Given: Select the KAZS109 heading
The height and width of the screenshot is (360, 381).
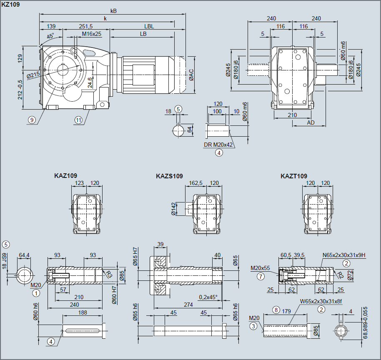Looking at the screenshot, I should (169, 176).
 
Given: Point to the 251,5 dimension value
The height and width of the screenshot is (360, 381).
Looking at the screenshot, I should (86, 26).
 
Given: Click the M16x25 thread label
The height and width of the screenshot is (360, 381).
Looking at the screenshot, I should (92, 33).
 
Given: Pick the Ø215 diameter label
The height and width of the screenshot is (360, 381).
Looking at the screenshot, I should (33, 76).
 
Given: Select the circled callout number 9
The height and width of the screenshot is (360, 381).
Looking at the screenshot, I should (32, 120).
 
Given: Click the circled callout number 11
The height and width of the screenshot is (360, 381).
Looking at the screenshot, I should (79, 120).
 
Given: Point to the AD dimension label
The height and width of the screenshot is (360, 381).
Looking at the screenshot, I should (311, 123).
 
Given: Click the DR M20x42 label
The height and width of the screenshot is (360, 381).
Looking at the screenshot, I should (218, 145).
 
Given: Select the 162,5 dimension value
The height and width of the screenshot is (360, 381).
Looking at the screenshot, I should (196, 183).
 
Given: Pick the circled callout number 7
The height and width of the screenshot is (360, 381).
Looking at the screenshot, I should (261, 276).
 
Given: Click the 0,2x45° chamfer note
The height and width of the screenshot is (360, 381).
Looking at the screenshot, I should (208, 297).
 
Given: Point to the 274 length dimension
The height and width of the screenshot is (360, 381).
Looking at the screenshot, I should (188, 305).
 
